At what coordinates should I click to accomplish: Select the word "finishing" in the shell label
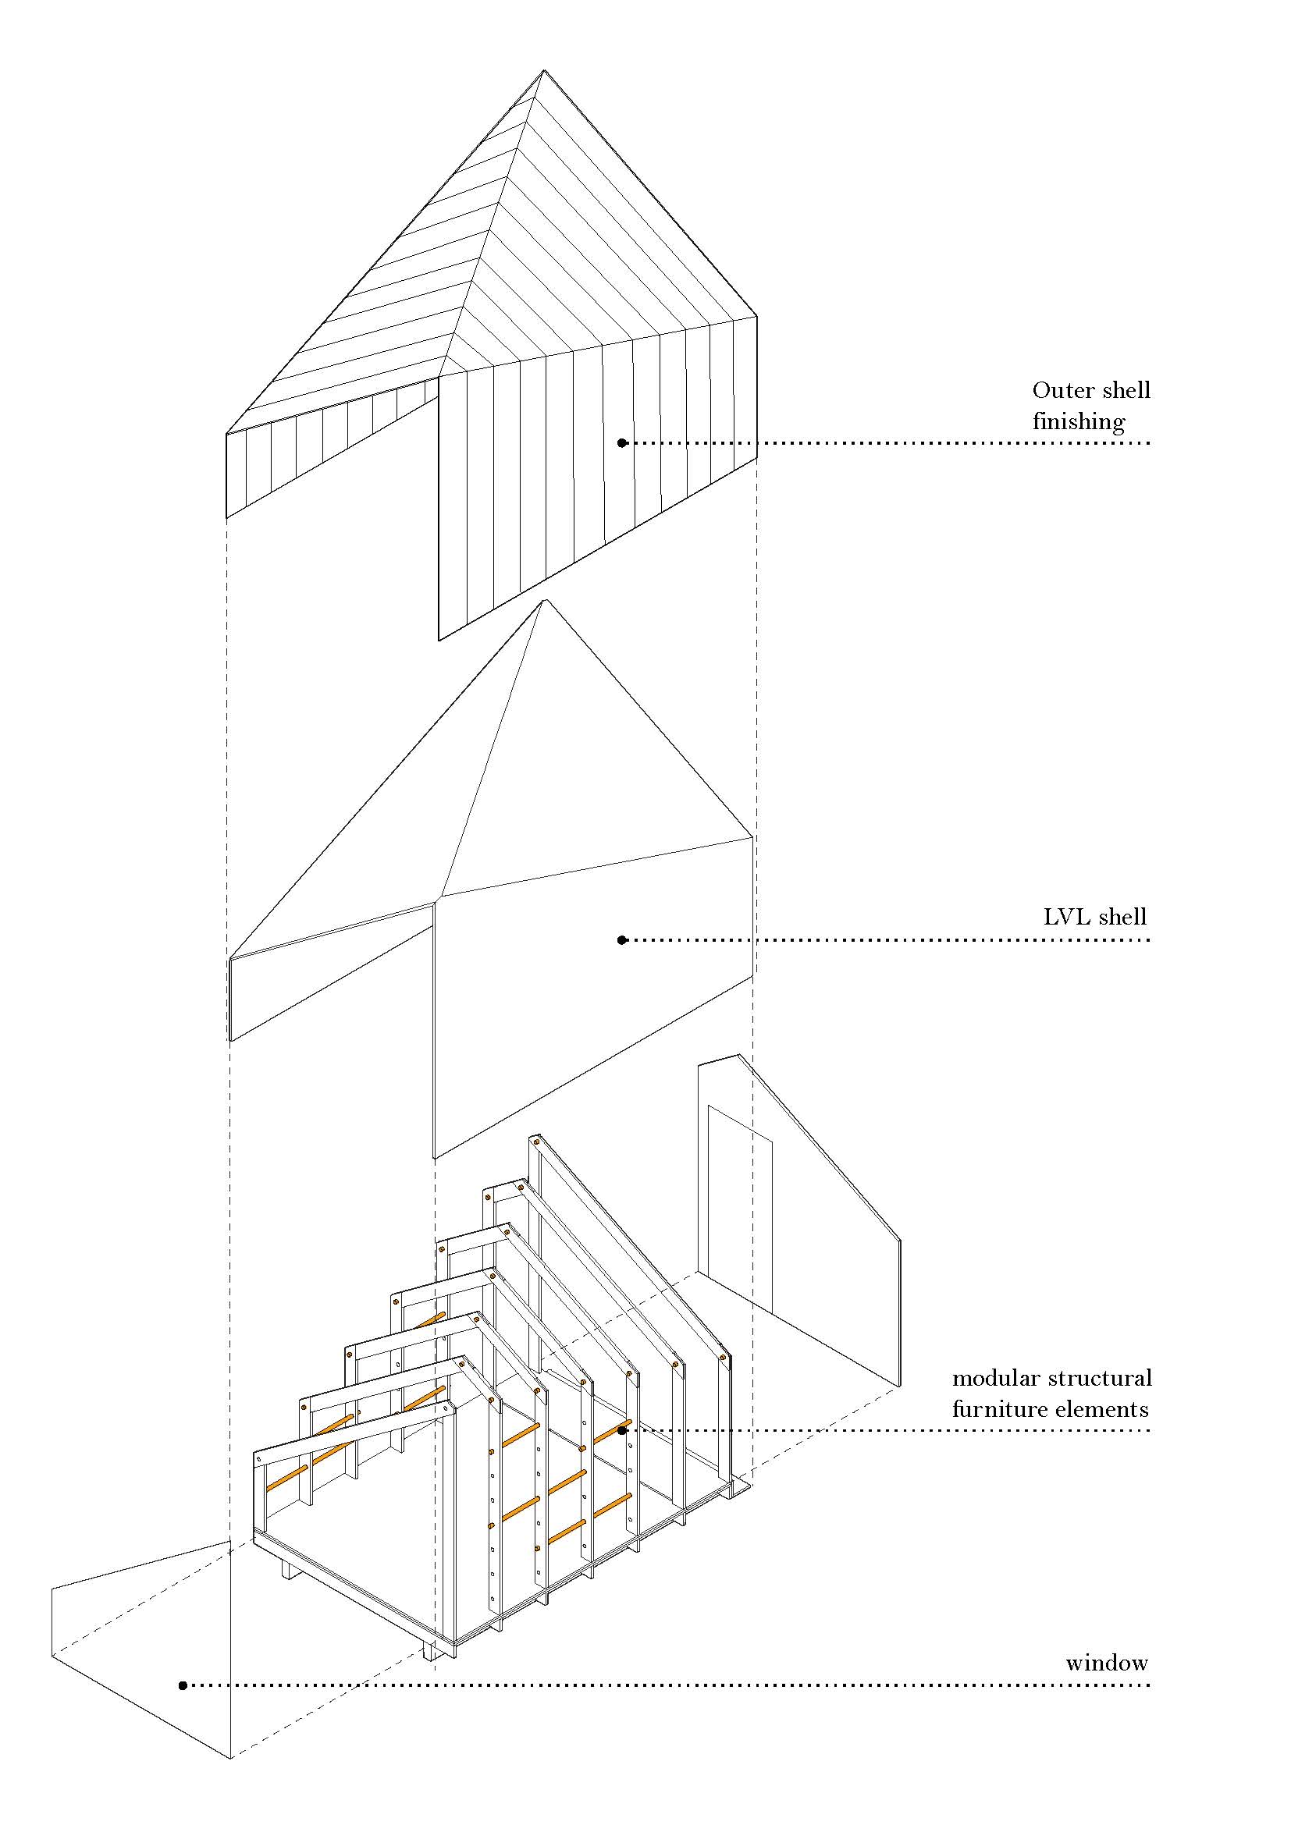pyautogui.click(x=1079, y=422)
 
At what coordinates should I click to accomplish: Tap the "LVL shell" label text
pyautogui.click(x=1094, y=918)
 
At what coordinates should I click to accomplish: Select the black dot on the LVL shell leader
pyautogui.click(x=622, y=940)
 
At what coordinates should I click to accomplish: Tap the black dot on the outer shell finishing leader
pyautogui.click(x=622, y=442)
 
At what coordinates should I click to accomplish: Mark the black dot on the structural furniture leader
pyautogui.click(x=622, y=1431)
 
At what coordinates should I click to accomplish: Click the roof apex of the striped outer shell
pyautogui.click(x=544, y=72)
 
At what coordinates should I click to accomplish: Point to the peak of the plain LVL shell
pyautogui.click(x=546, y=601)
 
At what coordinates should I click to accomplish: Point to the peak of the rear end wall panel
pyautogui.click(x=739, y=1056)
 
